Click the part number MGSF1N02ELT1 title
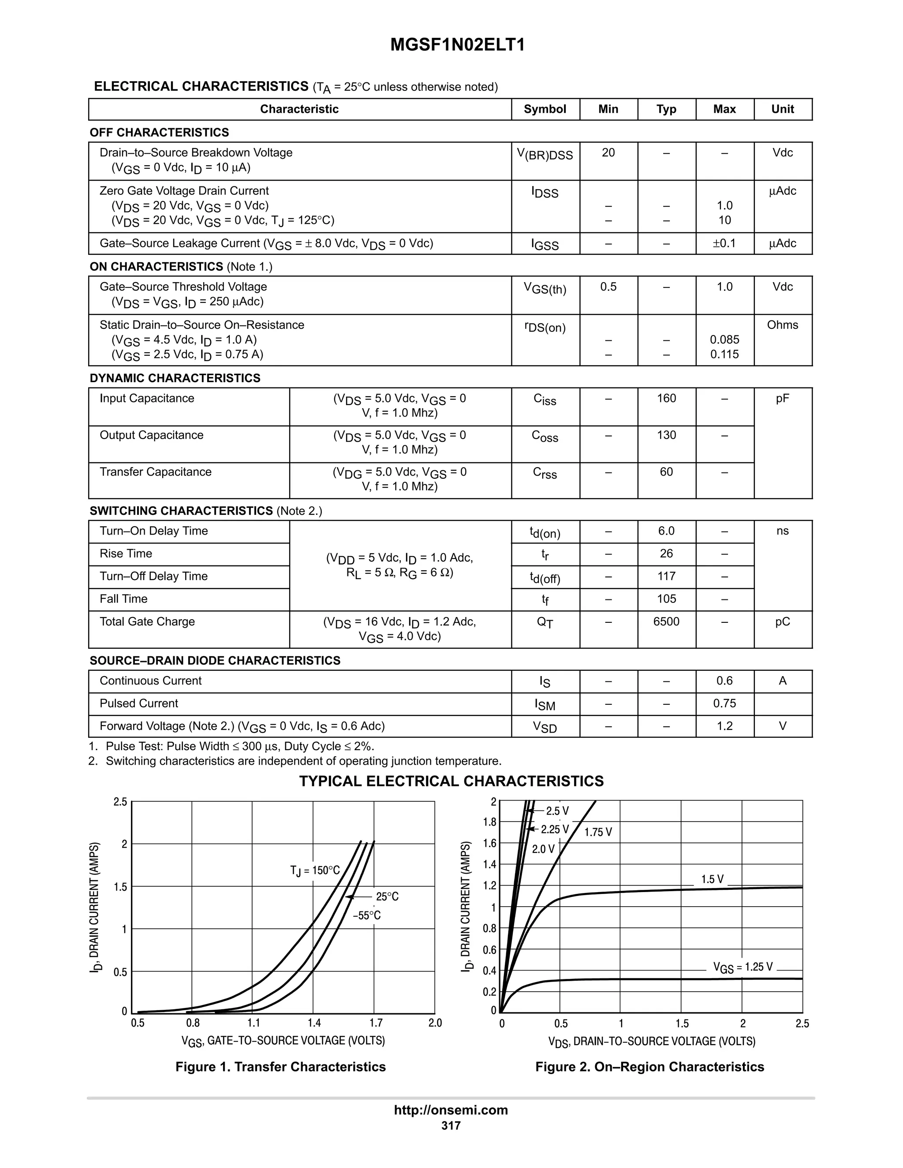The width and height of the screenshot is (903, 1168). point(457,45)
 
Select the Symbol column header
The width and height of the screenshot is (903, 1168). point(545,109)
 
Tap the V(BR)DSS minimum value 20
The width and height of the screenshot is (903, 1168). point(608,153)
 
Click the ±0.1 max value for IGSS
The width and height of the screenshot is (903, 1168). point(724,244)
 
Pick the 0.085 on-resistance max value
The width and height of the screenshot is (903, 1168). point(724,339)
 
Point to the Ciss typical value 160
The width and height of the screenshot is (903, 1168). point(666,398)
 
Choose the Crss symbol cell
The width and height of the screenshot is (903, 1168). point(545,473)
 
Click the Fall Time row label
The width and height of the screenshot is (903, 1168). point(123,599)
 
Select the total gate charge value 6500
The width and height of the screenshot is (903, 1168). point(666,622)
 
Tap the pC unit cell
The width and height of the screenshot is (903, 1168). point(782,622)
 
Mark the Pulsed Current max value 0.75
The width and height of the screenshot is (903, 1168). point(724,704)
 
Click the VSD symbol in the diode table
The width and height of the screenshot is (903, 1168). point(545,727)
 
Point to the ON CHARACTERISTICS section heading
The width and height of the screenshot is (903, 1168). point(156,266)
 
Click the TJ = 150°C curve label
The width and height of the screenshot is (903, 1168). point(315,870)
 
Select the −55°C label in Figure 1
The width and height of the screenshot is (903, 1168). point(367,915)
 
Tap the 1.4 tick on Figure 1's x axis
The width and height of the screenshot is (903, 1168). point(314,1023)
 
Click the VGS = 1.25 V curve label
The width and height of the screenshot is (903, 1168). point(743,967)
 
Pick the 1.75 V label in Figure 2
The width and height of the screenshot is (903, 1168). point(598,832)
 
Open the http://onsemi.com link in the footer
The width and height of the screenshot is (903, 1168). point(451,1110)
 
